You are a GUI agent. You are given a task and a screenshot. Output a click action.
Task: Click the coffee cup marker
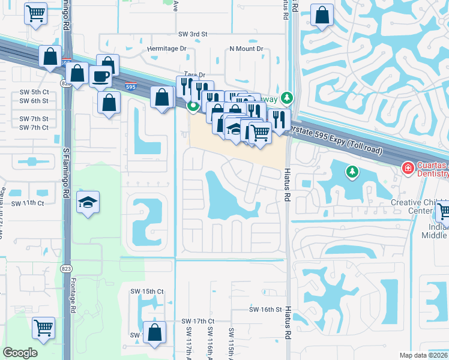100,76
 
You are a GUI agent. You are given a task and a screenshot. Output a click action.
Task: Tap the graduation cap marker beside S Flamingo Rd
88,202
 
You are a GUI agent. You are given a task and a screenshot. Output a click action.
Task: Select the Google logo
20,353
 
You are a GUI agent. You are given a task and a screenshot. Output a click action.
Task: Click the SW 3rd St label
193,35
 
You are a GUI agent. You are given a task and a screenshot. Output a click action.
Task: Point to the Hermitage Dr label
167,49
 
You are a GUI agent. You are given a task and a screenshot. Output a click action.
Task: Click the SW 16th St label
265,310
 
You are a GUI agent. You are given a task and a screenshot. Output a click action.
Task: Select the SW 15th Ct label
147,292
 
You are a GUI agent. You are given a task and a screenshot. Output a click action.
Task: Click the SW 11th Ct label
32,203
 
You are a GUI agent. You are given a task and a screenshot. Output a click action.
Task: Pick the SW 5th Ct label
34,92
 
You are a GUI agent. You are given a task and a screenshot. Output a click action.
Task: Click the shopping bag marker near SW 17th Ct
155,333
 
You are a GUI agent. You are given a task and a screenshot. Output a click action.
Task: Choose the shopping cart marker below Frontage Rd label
43,328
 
